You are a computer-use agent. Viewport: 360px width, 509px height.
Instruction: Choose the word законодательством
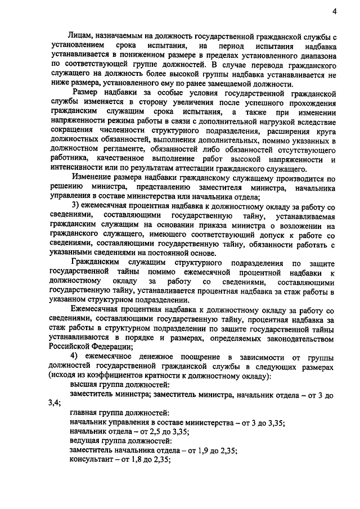[x=290, y=337]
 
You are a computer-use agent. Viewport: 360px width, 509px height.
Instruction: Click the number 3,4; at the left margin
[x=55, y=404]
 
